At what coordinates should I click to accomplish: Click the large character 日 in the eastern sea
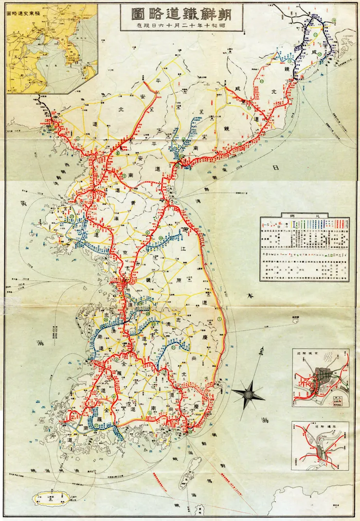[275, 168]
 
